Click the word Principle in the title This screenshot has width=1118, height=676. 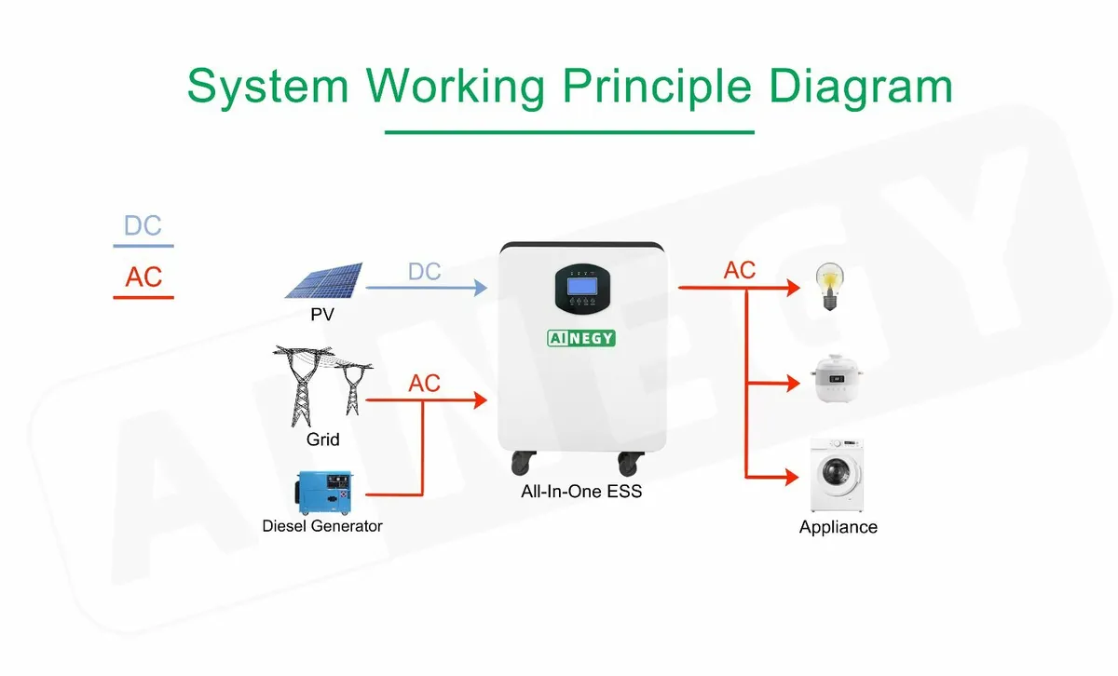tap(656, 88)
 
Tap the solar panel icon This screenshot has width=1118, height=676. tap(324, 281)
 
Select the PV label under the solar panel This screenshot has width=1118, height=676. tap(322, 315)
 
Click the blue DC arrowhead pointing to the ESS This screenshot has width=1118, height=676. tap(481, 288)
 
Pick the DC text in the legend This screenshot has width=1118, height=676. tap(143, 225)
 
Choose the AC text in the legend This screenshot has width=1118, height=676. tap(143, 277)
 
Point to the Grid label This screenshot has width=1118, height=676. tap(323, 439)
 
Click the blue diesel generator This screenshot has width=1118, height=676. tap(324, 493)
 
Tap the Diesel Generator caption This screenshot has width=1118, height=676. tap(322, 526)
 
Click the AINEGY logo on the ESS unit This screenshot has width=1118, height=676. tap(581, 338)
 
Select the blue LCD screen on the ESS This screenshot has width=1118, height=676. tap(582, 287)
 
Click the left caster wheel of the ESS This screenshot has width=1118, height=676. tap(523, 463)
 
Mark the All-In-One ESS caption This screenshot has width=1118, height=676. tap(581, 492)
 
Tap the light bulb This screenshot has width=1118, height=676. tap(829, 287)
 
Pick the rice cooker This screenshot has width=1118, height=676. tap(837, 378)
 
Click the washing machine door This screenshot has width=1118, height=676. tap(837, 471)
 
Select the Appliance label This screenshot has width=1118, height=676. tap(838, 527)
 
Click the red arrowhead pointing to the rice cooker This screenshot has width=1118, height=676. tap(794, 384)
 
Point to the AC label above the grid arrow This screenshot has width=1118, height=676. tap(424, 384)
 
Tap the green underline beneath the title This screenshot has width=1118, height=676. tap(569, 132)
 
